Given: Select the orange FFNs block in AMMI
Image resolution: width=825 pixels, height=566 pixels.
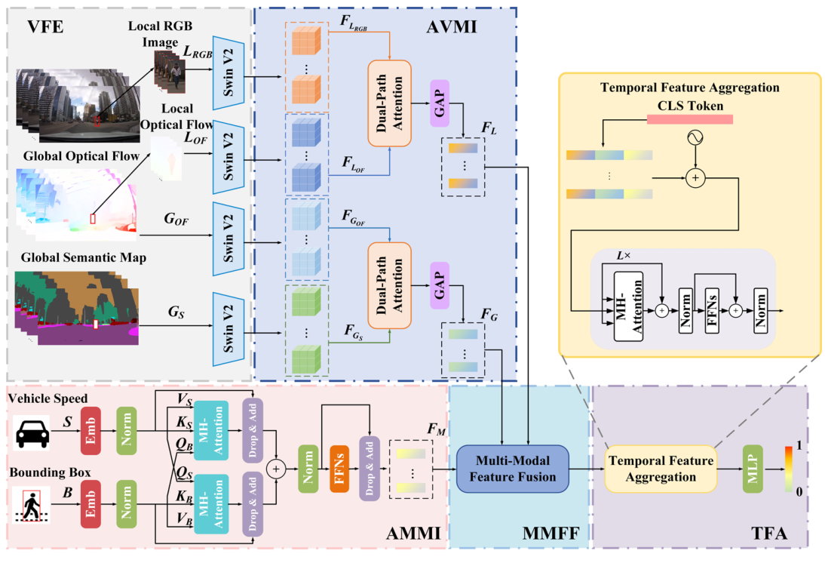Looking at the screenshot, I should (x=340, y=468).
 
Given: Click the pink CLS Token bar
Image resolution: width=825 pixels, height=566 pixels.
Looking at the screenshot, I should (x=689, y=119).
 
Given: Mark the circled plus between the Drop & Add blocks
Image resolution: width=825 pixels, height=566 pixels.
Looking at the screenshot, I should (x=275, y=469).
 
